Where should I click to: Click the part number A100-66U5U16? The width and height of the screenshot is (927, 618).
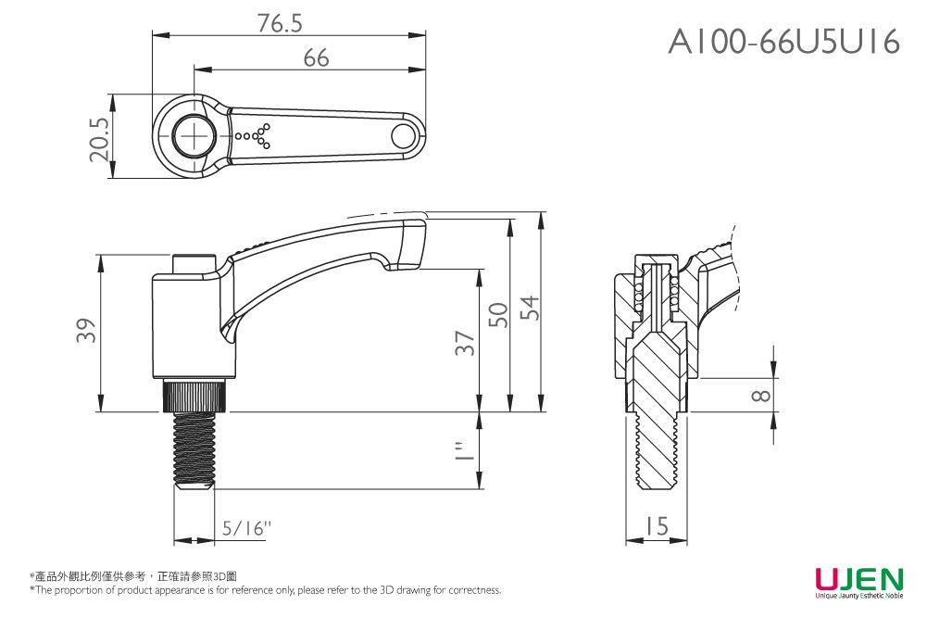[x=783, y=42]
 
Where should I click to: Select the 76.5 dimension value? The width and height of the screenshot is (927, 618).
[x=280, y=24]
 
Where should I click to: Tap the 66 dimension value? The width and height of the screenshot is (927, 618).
[x=316, y=58]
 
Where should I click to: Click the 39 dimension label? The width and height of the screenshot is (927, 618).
[x=86, y=332]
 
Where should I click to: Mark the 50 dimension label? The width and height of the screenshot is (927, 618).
[x=499, y=315]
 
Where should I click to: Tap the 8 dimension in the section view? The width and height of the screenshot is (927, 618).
[x=760, y=396]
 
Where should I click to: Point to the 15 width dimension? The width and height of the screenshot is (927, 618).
[x=656, y=526]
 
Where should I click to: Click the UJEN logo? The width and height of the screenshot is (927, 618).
[x=858, y=581]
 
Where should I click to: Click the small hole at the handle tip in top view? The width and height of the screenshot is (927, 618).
[x=403, y=136]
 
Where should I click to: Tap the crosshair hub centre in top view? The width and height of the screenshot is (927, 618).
[x=195, y=136]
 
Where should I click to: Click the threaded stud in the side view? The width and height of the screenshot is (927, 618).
[x=194, y=449]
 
